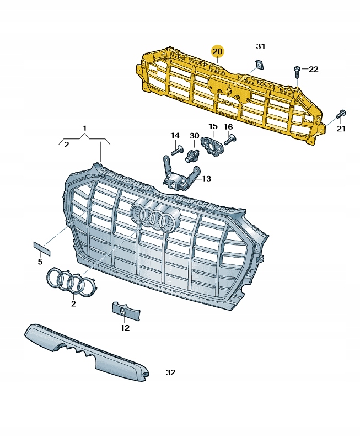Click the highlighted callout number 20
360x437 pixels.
[217, 51]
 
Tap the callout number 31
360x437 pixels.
[261, 46]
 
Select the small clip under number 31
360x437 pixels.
[261, 65]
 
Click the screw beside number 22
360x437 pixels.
[297, 72]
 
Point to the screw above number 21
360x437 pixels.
[341, 114]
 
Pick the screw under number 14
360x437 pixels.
[176, 150]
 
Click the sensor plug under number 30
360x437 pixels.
[192, 154]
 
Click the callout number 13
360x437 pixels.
[207, 178]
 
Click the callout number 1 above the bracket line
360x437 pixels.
[85, 129]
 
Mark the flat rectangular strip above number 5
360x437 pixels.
[42, 249]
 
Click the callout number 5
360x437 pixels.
[40, 262]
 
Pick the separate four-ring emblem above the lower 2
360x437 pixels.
[71, 281]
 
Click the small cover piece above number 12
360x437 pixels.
[126, 312]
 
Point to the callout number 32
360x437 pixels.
[170, 372]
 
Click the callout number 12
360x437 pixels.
[125, 328]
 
